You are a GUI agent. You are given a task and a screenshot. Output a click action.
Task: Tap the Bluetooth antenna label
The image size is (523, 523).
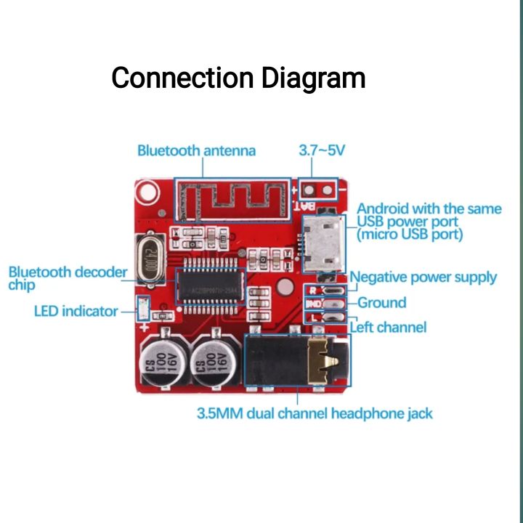click(196, 151)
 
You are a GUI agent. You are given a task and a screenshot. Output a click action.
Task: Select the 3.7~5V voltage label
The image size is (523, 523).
click(322, 151)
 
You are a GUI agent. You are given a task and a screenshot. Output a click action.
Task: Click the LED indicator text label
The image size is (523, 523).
click(76, 312)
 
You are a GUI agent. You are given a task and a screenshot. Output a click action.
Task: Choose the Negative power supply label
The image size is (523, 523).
click(423, 277)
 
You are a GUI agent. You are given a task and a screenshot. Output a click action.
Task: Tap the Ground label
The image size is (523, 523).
click(381, 303)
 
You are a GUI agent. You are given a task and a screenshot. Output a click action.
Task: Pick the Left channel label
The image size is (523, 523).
click(388, 327)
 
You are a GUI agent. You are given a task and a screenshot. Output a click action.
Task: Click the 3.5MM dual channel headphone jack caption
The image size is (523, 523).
click(315, 414)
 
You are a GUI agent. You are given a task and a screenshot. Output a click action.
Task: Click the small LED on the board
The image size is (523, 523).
click(142, 311)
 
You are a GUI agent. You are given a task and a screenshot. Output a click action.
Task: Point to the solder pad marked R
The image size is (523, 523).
click(313, 290)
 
